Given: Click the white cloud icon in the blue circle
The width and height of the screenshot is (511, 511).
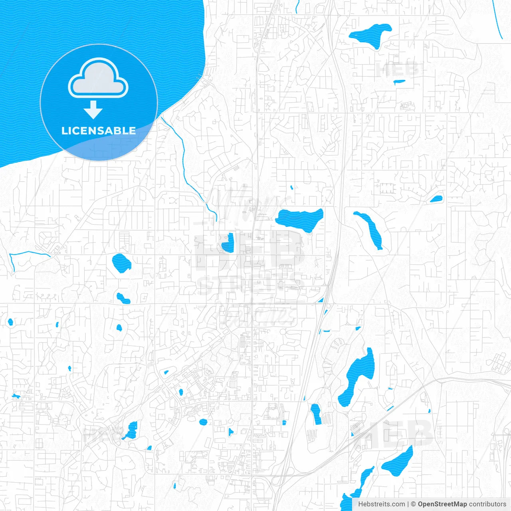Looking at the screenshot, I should (x=98, y=78).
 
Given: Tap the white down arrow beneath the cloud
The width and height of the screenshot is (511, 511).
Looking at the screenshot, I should (x=93, y=110).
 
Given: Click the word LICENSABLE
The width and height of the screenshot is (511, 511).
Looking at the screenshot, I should (x=99, y=131).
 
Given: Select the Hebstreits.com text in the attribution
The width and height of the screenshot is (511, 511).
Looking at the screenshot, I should (x=381, y=504).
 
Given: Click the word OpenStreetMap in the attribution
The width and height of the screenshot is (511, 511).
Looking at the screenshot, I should (x=442, y=504).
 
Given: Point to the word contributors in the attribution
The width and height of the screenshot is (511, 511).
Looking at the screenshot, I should (x=487, y=504).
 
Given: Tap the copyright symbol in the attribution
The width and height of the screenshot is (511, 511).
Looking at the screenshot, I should (x=414, y=504).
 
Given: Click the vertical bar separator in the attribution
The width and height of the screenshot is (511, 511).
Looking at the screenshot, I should (x=408, y=504).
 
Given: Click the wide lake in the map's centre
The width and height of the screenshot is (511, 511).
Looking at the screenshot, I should (x=299, y=219).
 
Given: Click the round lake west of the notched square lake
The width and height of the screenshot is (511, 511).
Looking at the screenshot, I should (x=121, y=263).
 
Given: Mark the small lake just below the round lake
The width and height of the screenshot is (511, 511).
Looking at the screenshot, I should (x=122, y=298).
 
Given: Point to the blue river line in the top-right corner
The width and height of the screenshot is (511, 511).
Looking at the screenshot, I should (x=497, y=20).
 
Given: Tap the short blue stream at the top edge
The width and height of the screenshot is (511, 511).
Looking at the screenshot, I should (x=297, y=6).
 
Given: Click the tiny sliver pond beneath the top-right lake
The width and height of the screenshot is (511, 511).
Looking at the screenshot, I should (x=399, y=82).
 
